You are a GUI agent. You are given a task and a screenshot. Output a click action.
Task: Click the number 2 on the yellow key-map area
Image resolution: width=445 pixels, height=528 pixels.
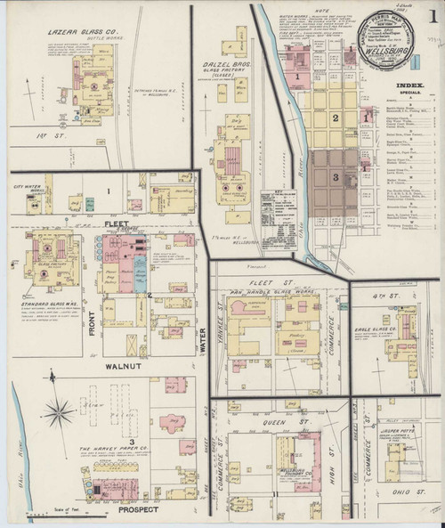pos(336,118)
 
